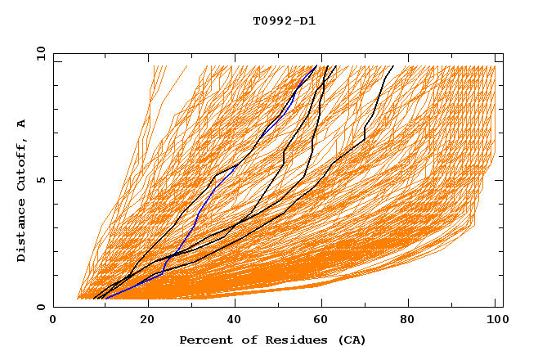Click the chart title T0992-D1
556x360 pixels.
point(284,20)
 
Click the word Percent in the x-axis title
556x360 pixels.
point(203,340)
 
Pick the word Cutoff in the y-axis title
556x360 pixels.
point(21,164)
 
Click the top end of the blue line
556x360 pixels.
point(316,65)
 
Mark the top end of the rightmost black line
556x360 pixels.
point(393,65)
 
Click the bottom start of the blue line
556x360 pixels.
point(105,299)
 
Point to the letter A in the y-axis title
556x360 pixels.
point(21,123)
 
